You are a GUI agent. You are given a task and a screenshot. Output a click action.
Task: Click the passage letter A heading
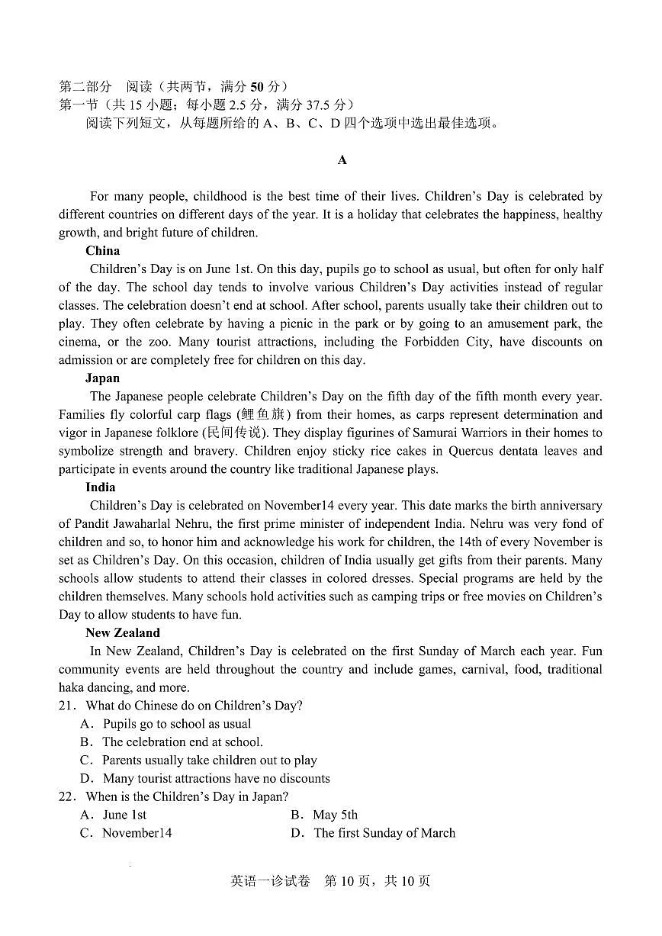coord(342,159)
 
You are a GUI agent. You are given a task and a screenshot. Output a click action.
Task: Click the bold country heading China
coord(102,250)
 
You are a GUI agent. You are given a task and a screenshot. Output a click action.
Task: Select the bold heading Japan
coord(102,378)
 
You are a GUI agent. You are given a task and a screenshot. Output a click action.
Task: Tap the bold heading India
coord(100,487)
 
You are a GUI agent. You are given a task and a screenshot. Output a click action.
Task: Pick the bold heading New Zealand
coord(122,632)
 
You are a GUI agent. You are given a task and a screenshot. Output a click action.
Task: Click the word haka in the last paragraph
coord(72,687)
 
